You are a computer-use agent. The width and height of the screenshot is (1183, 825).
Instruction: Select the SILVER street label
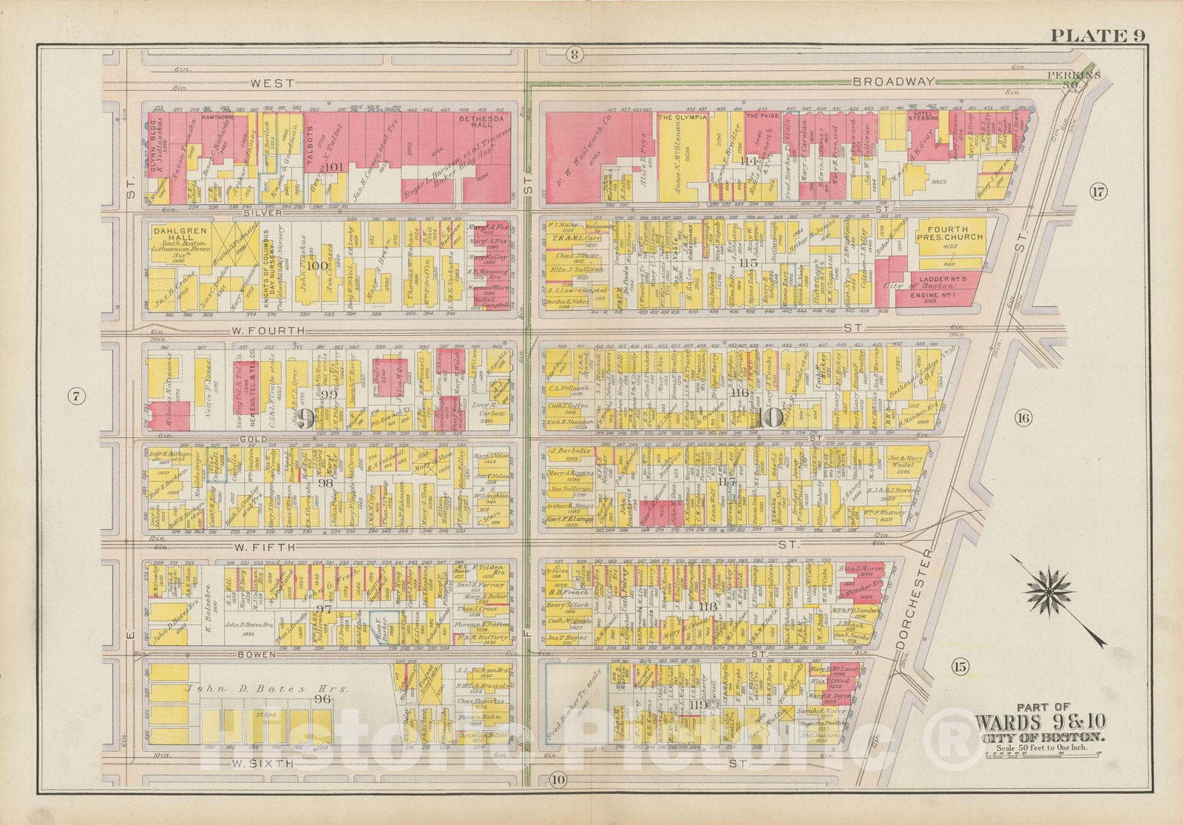click(x=264, y=211)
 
